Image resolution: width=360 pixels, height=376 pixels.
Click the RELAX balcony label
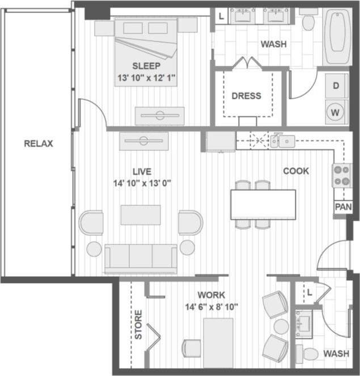(x=39, y=143)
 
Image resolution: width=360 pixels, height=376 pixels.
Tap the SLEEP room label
(x=146, y=65)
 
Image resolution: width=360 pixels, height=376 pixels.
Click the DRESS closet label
(x=246, y=95)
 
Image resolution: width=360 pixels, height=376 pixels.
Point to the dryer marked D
(x=336, y=86)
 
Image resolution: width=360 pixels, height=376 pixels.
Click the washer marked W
(x=336, y=112)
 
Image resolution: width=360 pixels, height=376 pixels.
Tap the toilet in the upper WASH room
(x=308, y=22)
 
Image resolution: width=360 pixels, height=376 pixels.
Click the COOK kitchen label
(x=296, y=171)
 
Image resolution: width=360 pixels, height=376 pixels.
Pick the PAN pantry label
(x=342, y=207)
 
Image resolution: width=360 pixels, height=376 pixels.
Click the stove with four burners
(x=341, y=175)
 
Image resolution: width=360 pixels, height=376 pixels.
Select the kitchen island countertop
(x=263, y=204)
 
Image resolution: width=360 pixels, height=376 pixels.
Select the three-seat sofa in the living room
(x=141, y=257)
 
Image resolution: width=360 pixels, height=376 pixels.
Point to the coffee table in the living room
(x=140, y=215)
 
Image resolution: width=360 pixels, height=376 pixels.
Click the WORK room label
(x=211, y=295)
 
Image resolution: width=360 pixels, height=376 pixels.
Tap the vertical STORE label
(x=138, y=324)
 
